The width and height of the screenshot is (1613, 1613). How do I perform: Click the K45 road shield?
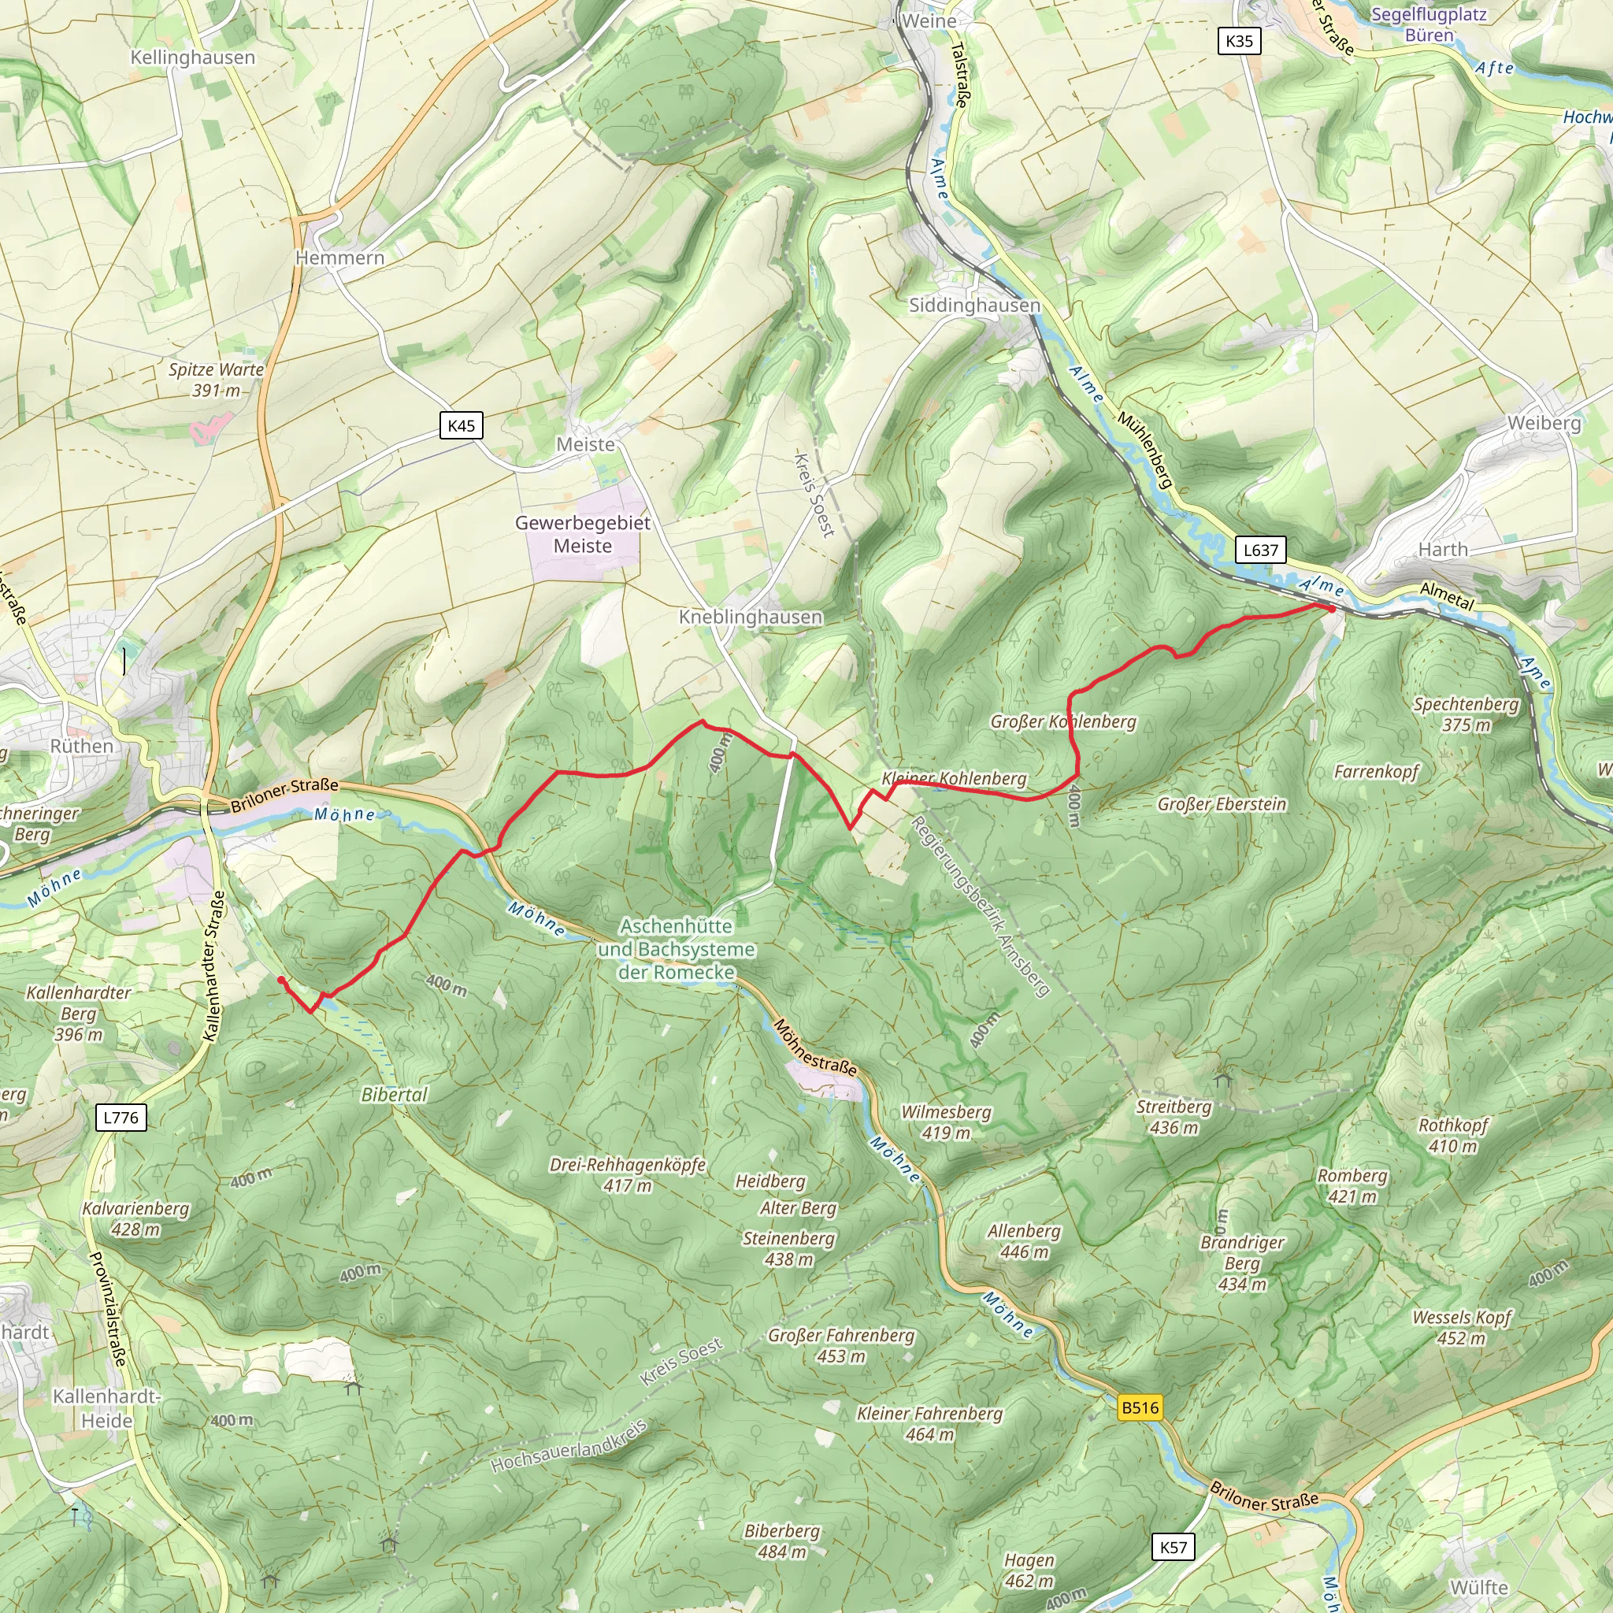click(x=461, y=426)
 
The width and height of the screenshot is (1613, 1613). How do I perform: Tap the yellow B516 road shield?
click(x=1140, y=1407)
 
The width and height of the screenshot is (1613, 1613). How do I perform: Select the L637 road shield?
click(x=1260, y=550)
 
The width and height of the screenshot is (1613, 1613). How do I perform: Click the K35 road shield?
click(x=1239, y=41)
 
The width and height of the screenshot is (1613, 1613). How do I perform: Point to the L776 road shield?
click(x=121, y=1117)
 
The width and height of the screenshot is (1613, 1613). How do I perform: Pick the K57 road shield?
click(x=1173, y=1547)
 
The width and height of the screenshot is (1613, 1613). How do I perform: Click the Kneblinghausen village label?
click(x=750, y=617)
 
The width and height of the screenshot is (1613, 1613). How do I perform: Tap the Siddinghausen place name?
click(x=974, y=306)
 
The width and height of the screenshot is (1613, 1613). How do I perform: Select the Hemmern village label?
click(x=339, y=258)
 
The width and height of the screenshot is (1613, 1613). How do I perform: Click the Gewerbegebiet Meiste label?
click(x=583, y=534)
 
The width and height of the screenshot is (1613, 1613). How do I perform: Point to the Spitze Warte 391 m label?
click(x=217, y=380)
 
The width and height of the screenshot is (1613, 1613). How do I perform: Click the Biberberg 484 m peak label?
click(x=781, y=1541)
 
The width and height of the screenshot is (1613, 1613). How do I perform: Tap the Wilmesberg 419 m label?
click(x=946, y=1122)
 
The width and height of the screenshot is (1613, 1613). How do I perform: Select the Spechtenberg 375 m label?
click(x=1466, y=714)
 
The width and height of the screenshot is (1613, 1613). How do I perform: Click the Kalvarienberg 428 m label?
click(x=136, y=1219)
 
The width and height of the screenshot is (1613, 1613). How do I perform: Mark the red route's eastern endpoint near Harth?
click(x=1331, y=610)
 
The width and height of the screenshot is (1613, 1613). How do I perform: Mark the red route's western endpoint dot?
click(x=281, y=980)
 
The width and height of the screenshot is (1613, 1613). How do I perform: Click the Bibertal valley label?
click(x=394, y=1095)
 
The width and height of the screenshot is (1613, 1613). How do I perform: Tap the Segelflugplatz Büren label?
click(x=1429, y=24)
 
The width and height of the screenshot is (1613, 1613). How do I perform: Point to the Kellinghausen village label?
click(x=193, y=57)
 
